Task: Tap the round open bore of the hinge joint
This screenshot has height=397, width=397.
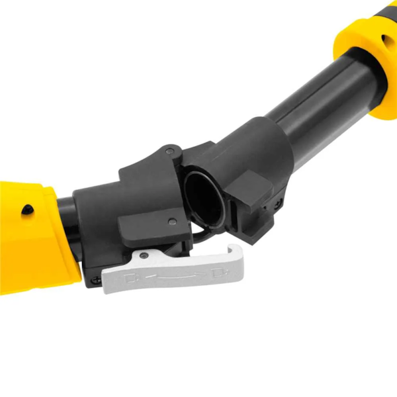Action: (x=202, y=197)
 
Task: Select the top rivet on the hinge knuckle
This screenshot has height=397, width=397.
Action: (x=171, y=152)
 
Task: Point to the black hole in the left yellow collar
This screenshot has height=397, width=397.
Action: (x=26, y=210)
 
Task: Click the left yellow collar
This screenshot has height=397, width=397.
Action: (x=33, y=232)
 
